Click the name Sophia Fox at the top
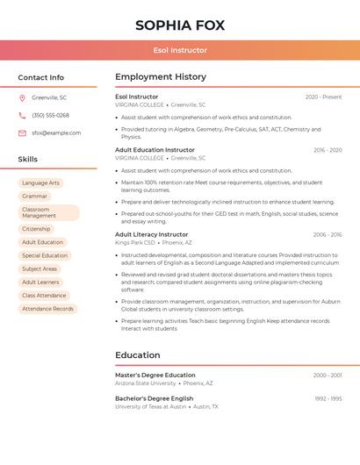click(180, 25)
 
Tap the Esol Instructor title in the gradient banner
click(180, 50)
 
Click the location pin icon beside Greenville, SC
click(22, 97)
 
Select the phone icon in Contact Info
click(22, 115)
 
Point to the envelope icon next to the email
click(22, 133)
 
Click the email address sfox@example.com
click(56, 133)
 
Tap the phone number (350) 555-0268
click(50, 115)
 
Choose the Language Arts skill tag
click(40, 182)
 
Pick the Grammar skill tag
click(34, 196)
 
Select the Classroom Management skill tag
click(48, 212)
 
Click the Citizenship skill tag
click(36, 229)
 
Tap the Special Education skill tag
click(44, 255)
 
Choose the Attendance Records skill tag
click(47, 309)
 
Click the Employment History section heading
click(161, 77)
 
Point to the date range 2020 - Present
click(323, 97)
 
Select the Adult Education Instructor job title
click(155, 150)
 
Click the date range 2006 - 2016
click(328, 234)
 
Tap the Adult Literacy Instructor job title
click(151, 234)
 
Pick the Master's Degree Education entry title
click(155, 375)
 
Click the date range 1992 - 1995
click(328, 398)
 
